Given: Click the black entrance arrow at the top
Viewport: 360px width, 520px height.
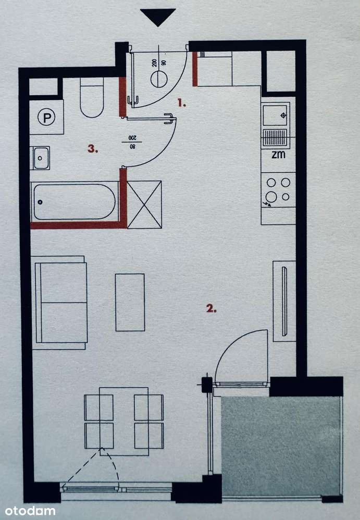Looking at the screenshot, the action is point(158,17).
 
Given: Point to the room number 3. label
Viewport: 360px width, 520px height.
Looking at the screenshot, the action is point(93,149).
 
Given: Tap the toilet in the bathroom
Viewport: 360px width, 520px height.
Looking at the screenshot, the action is point(92,99).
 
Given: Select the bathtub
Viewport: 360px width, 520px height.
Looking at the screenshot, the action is point(75,201).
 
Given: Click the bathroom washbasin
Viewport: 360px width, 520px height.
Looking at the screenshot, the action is point(41,158).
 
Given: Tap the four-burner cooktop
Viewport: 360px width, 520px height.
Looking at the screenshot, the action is point(278,190).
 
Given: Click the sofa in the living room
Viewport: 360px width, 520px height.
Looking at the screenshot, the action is point(60,302).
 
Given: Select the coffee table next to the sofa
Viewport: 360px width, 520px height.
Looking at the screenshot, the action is point(130,302).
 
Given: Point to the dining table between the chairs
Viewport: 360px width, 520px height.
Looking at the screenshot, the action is point(124,421).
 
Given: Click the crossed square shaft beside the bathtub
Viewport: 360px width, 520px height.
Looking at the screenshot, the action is point(144,204).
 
